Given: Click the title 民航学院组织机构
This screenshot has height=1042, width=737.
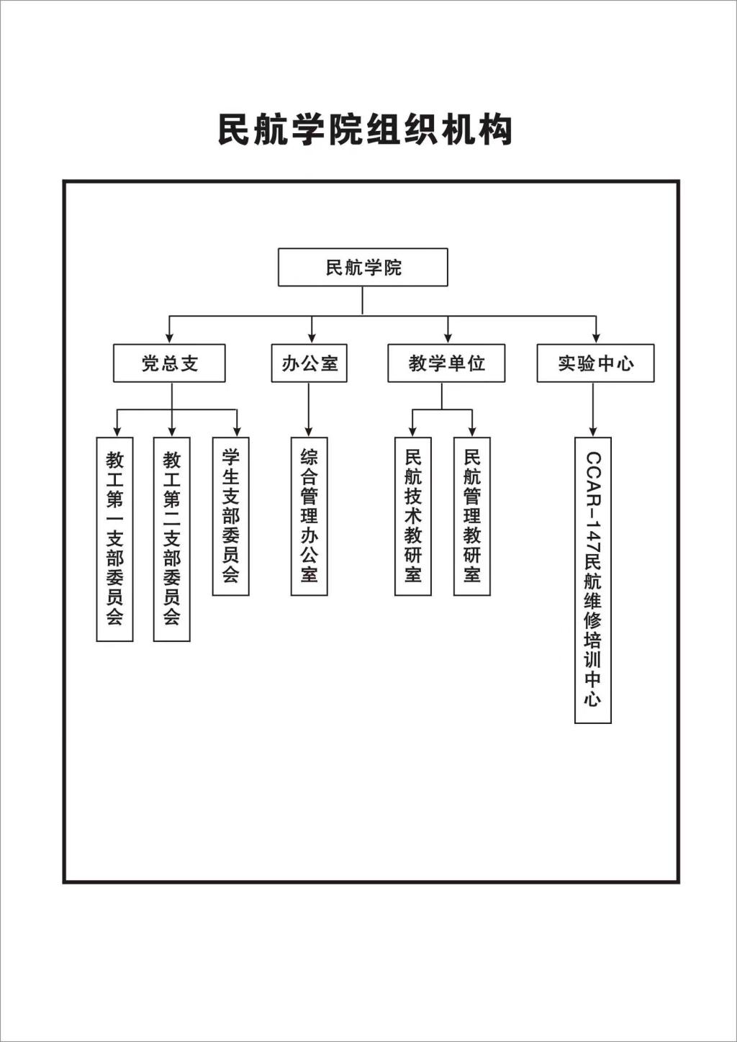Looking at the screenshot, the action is [x=365, y=129].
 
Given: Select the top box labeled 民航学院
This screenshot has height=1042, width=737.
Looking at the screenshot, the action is [x=363, y=267].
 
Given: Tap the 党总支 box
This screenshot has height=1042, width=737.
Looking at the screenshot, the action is [x=169, y=363].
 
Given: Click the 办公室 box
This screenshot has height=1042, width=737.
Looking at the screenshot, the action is [x=309, y=363].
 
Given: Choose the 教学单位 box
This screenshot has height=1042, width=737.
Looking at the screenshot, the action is [x=447, y=363].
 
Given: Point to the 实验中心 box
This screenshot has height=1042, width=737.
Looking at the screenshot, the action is [x=595, y=363].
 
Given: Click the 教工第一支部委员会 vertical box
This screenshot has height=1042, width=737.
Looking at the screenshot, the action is [x=115, y=539].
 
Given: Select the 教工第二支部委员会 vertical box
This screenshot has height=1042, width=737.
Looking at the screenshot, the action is [x=172, y=539].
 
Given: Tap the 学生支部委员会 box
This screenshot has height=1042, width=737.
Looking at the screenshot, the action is [x=231, y=517].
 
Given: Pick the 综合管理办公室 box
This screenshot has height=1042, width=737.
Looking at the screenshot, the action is [x=309, y=517].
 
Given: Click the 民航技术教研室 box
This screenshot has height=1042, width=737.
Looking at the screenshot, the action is [x=413, y=517].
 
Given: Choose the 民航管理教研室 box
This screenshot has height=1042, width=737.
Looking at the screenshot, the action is [x=472, y=517].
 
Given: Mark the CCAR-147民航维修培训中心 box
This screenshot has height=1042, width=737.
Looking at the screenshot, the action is [x=593, y=580].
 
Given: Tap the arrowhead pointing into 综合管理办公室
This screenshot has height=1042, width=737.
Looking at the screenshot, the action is [x=309, y=431].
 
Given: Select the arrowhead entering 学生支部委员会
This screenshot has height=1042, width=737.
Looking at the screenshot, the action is [x=238, y=431].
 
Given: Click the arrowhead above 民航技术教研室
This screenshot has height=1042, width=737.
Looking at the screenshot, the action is [x=412, y=431].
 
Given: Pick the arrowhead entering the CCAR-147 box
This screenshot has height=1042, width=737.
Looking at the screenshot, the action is [x=593, y=431].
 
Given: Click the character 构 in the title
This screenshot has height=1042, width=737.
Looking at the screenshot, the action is [x=497, y=129].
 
